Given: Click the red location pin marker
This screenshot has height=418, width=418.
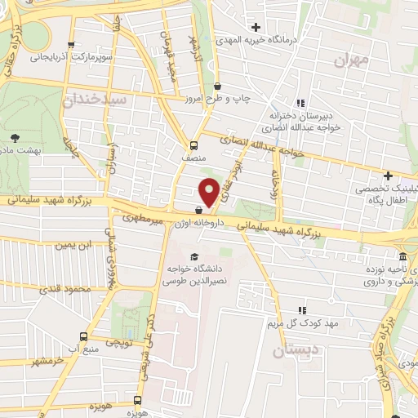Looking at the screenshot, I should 209,191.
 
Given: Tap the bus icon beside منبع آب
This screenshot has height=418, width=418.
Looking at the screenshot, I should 82,336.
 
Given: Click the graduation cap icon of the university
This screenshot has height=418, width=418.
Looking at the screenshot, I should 194,257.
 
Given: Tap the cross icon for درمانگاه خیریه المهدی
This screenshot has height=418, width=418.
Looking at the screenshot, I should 256,27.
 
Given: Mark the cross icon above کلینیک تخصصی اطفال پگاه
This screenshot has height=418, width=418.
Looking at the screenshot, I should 389,176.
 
